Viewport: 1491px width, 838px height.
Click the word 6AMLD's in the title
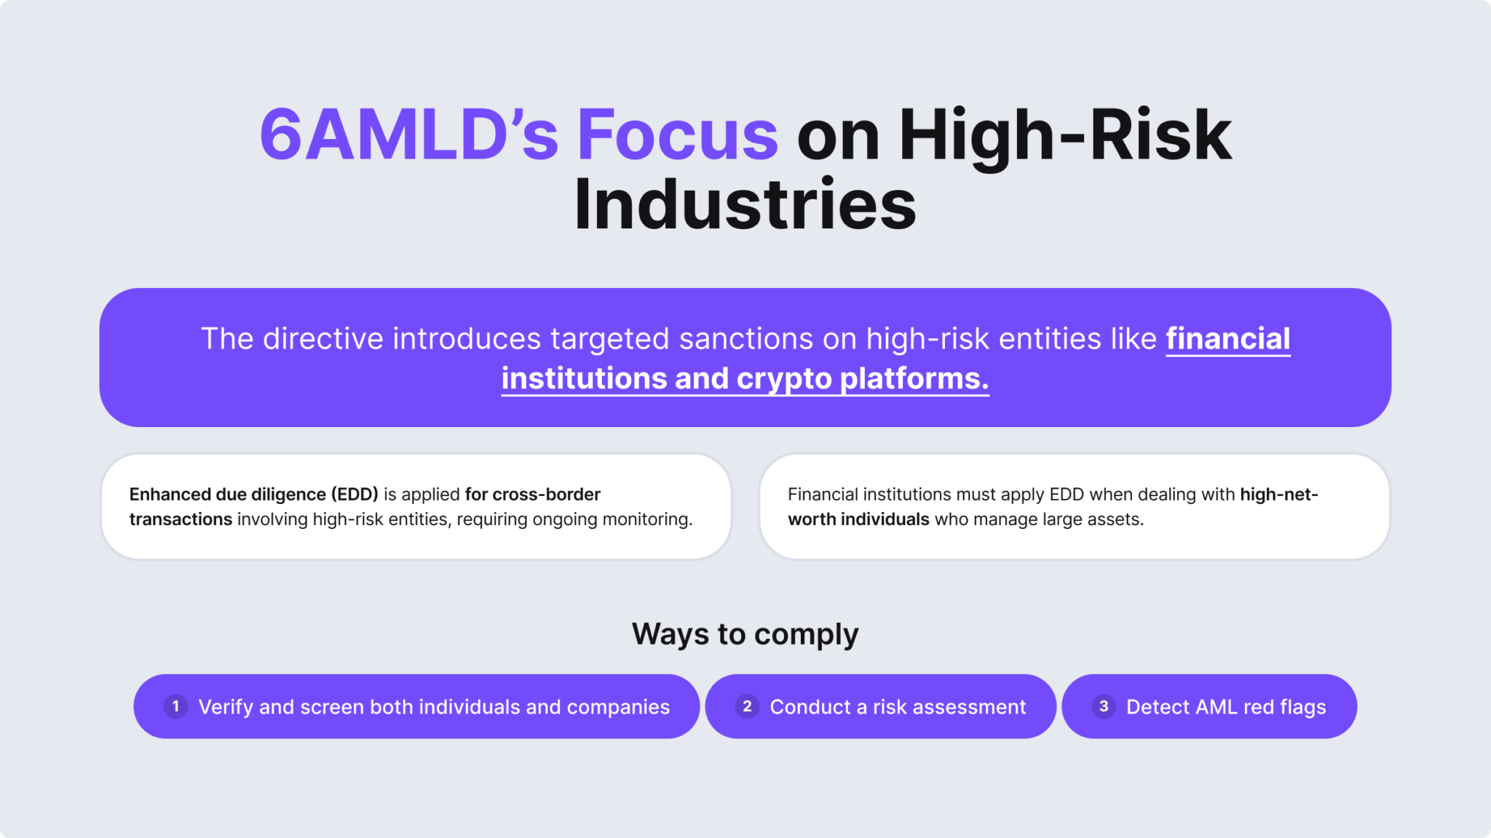408,135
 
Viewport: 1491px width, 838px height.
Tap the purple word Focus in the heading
678,135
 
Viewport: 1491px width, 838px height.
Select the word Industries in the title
745,205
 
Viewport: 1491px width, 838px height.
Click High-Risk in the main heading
1064,135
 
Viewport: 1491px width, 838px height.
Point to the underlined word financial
1227,339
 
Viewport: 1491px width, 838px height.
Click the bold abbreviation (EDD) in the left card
355,495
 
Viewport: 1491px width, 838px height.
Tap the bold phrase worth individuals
858,519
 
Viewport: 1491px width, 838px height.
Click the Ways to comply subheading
745,634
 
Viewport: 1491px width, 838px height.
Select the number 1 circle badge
175,706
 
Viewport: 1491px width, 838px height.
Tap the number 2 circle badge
747,706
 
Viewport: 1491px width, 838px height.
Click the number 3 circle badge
1104,706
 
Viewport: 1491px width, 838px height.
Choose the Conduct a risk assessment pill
897,707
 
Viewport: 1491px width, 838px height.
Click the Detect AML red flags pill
1225,707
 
